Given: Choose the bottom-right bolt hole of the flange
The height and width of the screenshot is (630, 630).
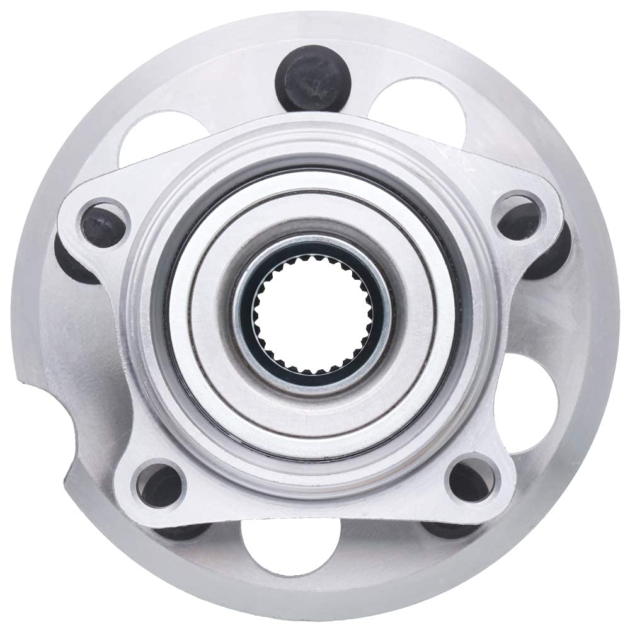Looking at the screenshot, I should point(470,482).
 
